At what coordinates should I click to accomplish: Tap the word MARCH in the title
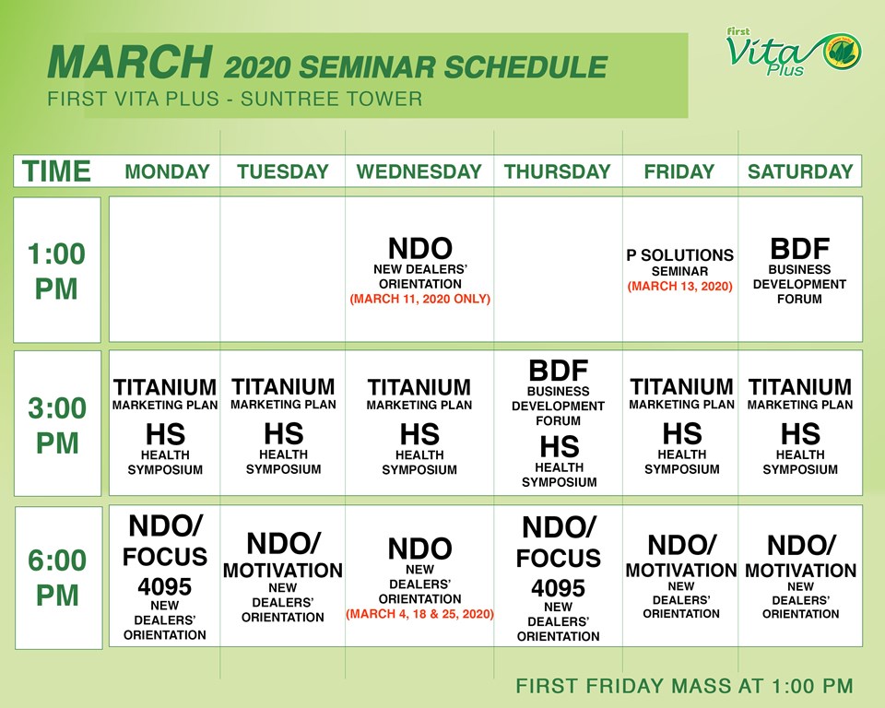128,63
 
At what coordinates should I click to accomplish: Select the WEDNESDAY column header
419,171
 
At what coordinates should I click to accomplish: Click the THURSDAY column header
557,171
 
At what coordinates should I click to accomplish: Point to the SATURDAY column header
800,171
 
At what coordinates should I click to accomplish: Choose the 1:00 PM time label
57,271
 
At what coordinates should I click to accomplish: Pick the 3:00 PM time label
57,425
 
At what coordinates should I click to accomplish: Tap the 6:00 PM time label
57,578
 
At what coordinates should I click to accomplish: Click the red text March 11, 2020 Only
419,300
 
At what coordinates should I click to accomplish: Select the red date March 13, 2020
680,287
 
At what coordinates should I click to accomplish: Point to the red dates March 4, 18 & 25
419,614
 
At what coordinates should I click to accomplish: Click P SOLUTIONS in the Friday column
680,254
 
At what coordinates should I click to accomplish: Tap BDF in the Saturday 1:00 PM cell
799,249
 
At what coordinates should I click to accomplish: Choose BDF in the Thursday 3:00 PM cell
558,372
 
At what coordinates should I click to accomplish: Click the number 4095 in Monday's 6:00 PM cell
164,587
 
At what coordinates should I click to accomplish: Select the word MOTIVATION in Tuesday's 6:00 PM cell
283,571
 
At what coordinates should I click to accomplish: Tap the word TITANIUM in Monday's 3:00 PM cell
164,387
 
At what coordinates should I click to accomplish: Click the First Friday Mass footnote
684,686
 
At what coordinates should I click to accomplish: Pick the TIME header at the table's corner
57,171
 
